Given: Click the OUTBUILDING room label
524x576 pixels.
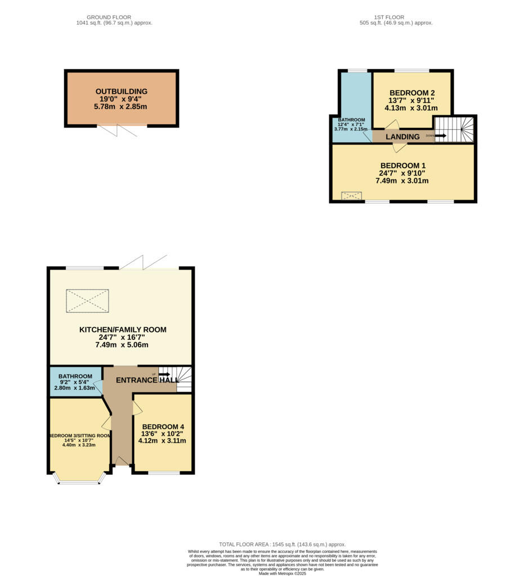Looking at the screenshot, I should (122, 91).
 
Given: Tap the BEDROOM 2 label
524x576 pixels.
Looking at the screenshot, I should (412, 93).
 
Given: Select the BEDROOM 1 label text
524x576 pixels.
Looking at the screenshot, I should (402, 165).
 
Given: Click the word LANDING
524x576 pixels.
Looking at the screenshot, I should (402, 137).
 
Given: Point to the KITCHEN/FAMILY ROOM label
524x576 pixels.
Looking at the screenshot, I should (122, 330).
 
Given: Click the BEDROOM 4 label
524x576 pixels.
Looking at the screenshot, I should (163, 426).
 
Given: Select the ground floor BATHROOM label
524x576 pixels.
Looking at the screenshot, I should (75, 376).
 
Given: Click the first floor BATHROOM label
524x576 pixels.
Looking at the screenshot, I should (351, 120).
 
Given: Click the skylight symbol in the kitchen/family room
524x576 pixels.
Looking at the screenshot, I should (87, 300).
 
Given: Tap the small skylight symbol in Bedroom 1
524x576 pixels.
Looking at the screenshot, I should (352, 196).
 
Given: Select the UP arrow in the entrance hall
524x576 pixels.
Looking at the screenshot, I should (164, 374).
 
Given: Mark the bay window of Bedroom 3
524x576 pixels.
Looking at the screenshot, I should (79, 480).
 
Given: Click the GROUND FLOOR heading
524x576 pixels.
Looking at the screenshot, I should (114, 17).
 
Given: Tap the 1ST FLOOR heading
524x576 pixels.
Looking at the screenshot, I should (396, 17).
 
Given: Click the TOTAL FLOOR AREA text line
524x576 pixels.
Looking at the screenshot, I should (282, 544).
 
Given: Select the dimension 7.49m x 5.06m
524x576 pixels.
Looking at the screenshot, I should (122, 345).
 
